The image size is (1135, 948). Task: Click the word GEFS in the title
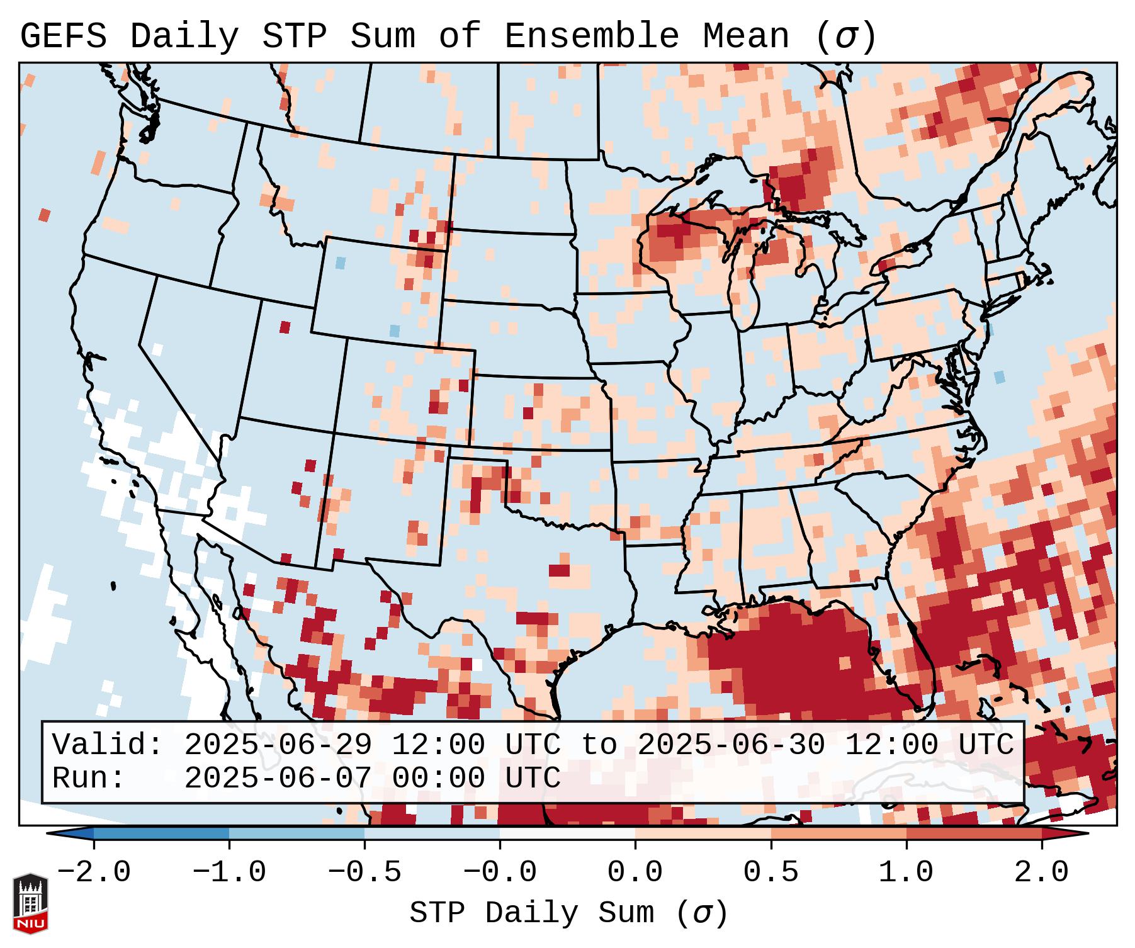point(63,37)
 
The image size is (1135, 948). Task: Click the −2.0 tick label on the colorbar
point(94,872)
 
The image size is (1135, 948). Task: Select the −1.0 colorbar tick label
point(229,872)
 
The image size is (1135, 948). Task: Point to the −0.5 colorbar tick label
point(364,872)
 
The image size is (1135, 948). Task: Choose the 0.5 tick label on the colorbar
point(771,872)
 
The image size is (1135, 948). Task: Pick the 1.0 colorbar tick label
point(906,872)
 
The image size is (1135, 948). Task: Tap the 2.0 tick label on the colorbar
point(1042,872)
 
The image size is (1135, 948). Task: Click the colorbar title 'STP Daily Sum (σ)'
point(568,913)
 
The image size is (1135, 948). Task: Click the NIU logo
point(30,903)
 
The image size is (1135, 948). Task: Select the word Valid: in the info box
point(108,745)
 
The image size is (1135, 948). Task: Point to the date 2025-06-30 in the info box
point(731,745)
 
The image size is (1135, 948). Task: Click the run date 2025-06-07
point(278,779)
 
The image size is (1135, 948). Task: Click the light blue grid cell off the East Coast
point(999,377)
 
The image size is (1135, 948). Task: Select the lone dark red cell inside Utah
point(285,327)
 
